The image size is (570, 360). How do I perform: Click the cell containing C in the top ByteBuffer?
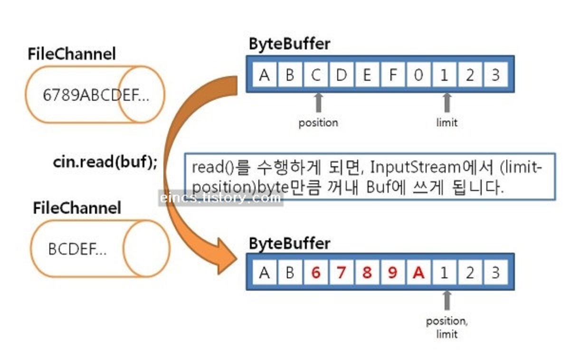pyautogui.click(x=316, y=75)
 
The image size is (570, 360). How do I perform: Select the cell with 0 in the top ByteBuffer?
pyautogui.click(x=418, y=75)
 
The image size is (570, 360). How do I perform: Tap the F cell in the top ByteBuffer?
pyautogui.click(x=393, y=75)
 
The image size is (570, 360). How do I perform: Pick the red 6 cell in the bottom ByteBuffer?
pyautogui.click(x=316, y=273)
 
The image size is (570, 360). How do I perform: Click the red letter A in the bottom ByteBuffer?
pyautogui.click(x=418, y=273)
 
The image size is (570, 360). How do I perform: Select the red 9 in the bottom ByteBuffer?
pyautogui.click(x=393, y=273)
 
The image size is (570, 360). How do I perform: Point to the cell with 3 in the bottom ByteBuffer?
pyautogui.click(x=496, y=273)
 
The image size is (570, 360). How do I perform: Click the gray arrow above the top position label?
pyautogui.click(x=318, y=103)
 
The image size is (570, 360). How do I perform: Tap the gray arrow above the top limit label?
pyautogui.click(x=447, y=103)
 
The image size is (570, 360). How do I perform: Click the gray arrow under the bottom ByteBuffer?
pyautogui.click(x=447, y=301)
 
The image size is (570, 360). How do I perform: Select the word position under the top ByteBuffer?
pyautogui.click(x=318, y=123)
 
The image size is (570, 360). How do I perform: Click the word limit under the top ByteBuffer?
pyautogui.click(x=447, y=123)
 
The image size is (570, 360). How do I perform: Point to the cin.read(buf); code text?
pyautogui.click(x=105, y=162)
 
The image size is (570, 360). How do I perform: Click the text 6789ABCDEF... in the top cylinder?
pyautogui.click(x=96, y=95)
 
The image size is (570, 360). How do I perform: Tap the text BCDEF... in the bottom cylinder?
pyautogui.click(x=77, y=249)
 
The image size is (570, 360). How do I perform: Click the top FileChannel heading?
pyautogui.click(x=72, y=54)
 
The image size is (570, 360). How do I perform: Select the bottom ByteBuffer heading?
pyautogui.click(x=290, y=244)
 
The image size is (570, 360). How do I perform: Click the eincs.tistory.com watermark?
pyautogui.click(x=220, y=198)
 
